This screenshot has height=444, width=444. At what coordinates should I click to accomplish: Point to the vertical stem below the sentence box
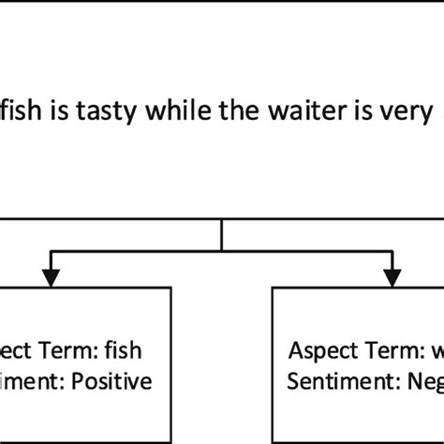coord(221,234)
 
